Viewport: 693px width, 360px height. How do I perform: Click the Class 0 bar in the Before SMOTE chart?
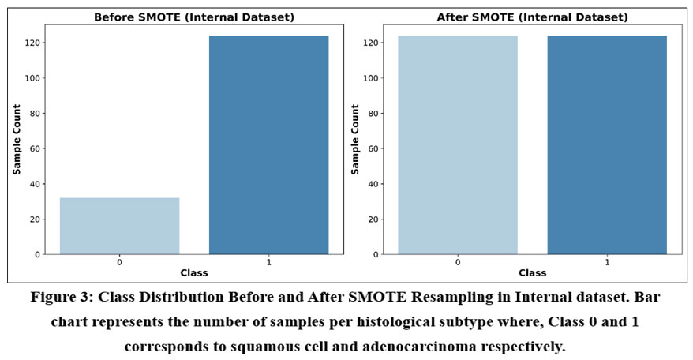coord(119,226)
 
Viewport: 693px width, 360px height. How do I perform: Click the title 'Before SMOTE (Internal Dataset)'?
coord(194,17)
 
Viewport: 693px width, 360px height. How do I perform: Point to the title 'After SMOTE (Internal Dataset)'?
coord(532,17)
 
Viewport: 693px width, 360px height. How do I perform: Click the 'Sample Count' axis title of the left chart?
coord(17,141)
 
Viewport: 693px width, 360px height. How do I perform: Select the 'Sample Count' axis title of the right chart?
coord(355,141)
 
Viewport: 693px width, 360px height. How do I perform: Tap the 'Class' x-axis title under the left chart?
coord(194,272)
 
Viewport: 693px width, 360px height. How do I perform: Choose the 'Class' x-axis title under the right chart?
coord(532,272)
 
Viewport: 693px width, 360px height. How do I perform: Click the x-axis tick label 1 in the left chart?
coord(268,261)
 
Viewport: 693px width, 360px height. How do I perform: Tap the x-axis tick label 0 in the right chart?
coord(458,261)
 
